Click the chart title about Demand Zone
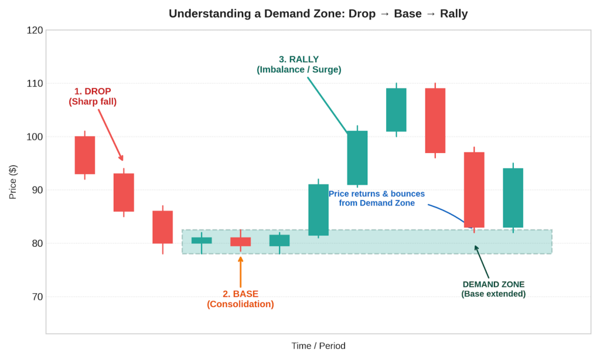pyautogui.click(x=318, y=14)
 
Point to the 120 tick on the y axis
pyautogui.click(x=35, y=30)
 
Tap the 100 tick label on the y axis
pyautogui.click(x=35, y=137)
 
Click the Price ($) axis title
pyautogui.click(x=13, y=182)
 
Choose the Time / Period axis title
pyautogui.click(x=318, y=346)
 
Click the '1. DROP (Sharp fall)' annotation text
pyautogui.click(x=93, y=97)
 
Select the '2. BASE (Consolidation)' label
pyautogui.click(x=240, y=299)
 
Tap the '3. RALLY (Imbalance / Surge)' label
pyautogui.click(x=299, y=64)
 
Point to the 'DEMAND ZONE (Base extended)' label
pyautogui.click(x=493, y=289)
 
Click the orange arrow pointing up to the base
pyautogui.click(x=240, y=272)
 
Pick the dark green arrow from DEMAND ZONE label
pyautogui.click(x=482, y=262)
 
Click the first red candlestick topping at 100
pyautogui.click(x=85, y=155)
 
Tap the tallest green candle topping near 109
pyautogui.click(x=396, y=110)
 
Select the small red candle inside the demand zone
pyautogui.click(x=240, y=242)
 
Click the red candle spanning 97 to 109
pyautogui.click(x=435, y=121)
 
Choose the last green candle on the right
pyautogui.click(x=513, y=198)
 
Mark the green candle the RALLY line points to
pyautogui.click(x=357, y=158)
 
